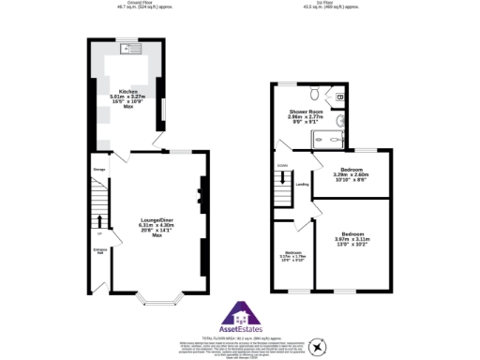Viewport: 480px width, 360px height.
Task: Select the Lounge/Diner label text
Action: pos(157,225)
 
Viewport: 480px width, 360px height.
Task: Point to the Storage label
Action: pos(98,170)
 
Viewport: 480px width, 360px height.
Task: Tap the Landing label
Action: pos(302,184)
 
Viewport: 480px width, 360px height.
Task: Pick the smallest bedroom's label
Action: pos(292,255)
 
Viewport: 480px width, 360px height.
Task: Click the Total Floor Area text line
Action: pos(241,337)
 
